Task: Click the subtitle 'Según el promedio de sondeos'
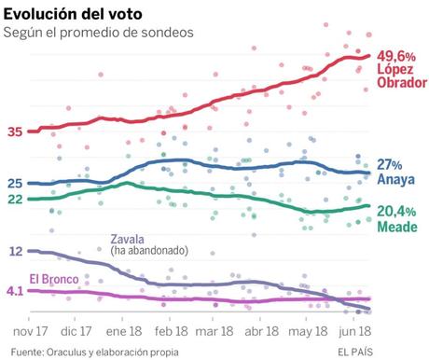coord(98,33)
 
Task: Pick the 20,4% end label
coord(397,212)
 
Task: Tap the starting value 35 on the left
coord(15,132)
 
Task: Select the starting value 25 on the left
coord(15,183)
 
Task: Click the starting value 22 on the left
coord(15,199)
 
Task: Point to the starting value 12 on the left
coord(15,251)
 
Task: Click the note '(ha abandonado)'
coord(149,251)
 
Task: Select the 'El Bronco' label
coord(60,278)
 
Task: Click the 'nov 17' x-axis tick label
coord(30,330)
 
